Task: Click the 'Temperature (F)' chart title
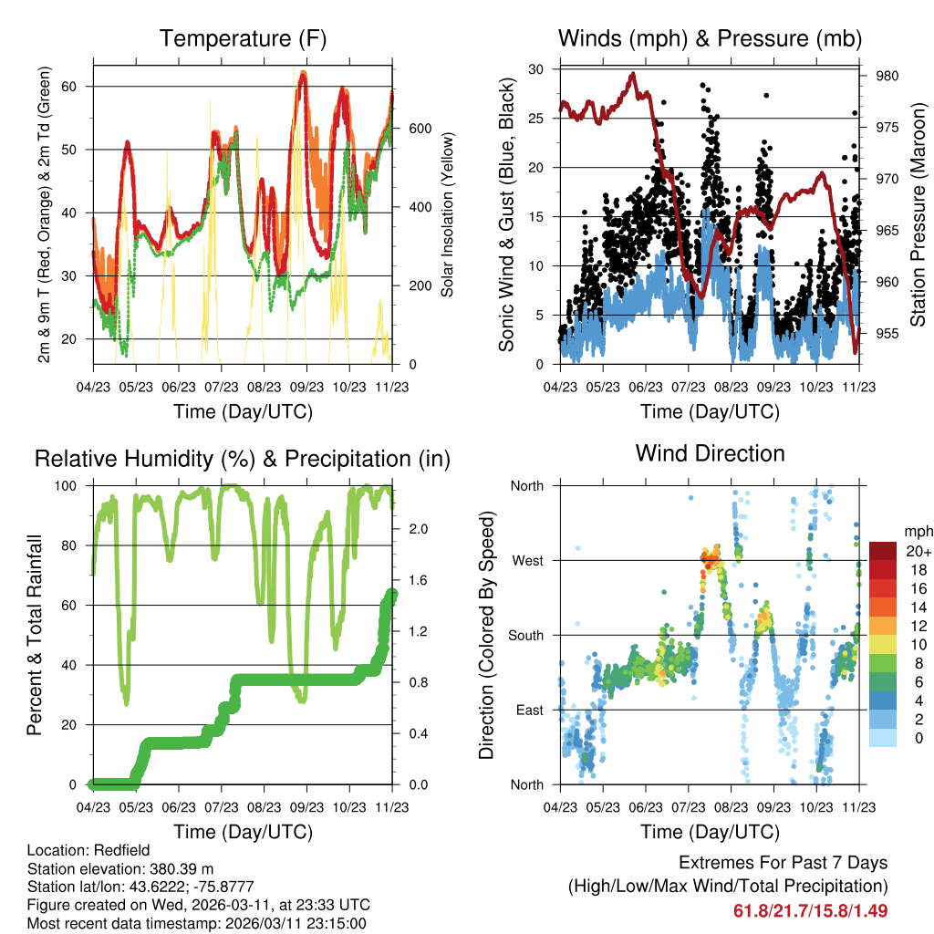point(243,38)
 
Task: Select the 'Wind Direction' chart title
point(710,452)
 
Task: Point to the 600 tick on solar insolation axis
point(420,129)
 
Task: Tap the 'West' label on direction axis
point(526,560)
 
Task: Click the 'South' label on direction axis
point(524,635)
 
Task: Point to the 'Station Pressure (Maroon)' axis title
point(918,214)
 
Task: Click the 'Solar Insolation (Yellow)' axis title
point(448,215)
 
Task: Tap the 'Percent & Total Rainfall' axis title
point(34,635)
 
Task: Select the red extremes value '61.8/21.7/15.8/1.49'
point(810,910)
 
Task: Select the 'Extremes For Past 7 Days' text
point(783,863)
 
